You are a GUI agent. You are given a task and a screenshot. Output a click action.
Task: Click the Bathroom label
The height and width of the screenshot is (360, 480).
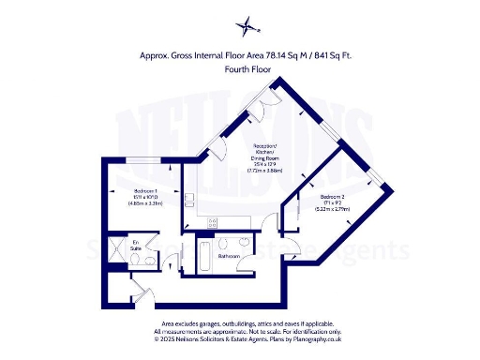(229, 255)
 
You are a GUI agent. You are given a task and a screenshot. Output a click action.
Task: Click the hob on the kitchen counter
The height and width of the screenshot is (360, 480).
(213, 222)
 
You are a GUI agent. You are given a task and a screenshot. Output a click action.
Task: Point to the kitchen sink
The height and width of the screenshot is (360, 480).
(189, 199)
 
